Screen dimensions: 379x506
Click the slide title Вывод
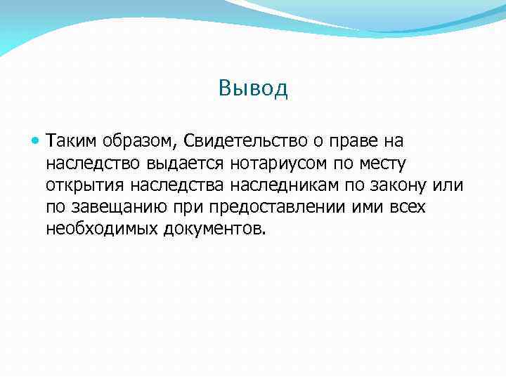point(253,88)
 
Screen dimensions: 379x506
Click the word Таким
point(71,142)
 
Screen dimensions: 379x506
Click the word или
point(450,185)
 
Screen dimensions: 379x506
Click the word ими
point(364,207)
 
